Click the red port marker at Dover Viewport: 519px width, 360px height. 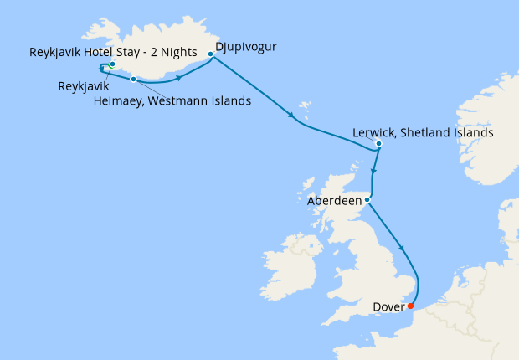(x=410, y=306)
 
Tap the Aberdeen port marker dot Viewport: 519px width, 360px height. (x=367, y=199)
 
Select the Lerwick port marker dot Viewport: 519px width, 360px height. (x=379, y=144)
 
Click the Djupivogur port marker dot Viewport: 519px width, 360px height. (x=210, y=54)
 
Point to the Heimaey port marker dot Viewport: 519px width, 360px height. (x=134, y=80)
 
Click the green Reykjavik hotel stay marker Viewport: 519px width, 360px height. (x=112, y=64)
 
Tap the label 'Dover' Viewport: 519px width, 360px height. (x=388, y=306)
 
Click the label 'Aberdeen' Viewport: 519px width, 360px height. (x=335, y=201)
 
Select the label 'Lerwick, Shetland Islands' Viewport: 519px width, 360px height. (x=423, y=132)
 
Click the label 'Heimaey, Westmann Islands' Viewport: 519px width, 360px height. (x=172, y=102)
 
